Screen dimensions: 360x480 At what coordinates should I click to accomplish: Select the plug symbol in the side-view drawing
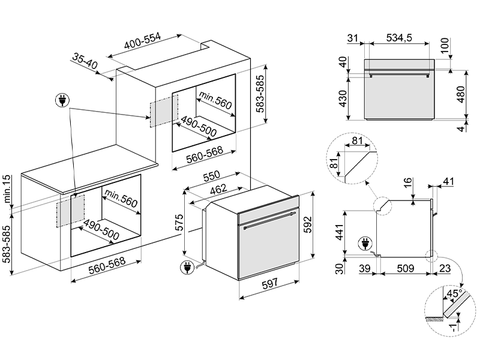click(365, 244)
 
